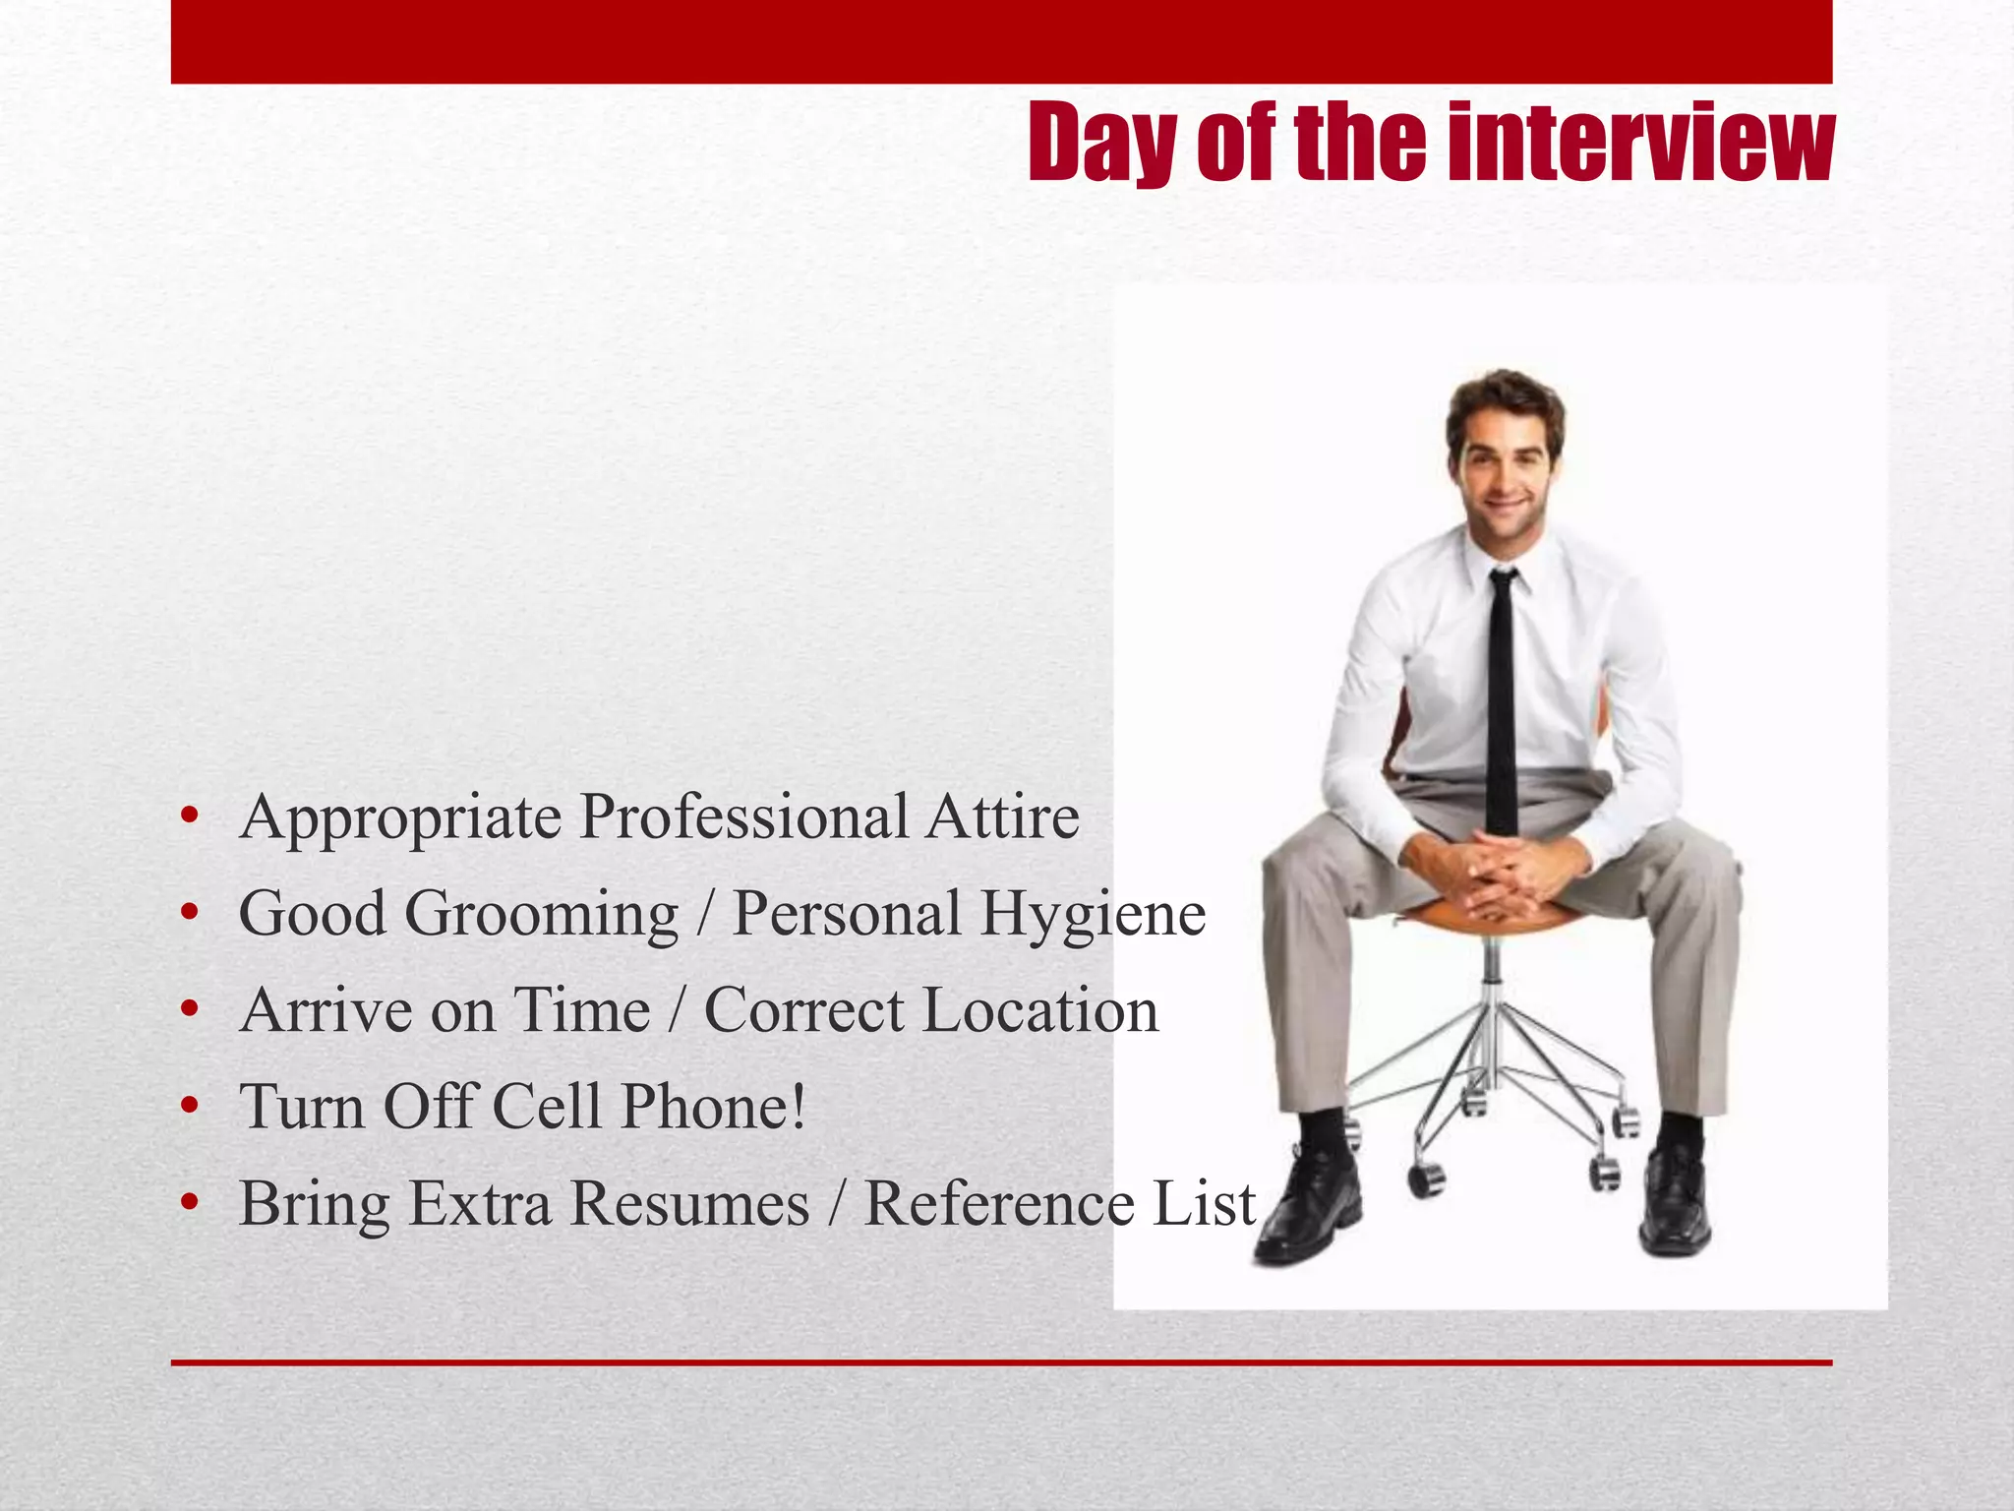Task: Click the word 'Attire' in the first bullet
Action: tap(1001, 817)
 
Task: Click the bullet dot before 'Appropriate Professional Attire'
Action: tap(190, 816)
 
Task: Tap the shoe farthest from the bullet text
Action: tap(1675, 1200)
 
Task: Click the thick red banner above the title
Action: tap(1001, 41)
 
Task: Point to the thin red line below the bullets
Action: tap(1001, 1362)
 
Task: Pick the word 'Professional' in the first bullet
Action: tap(743, 817)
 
